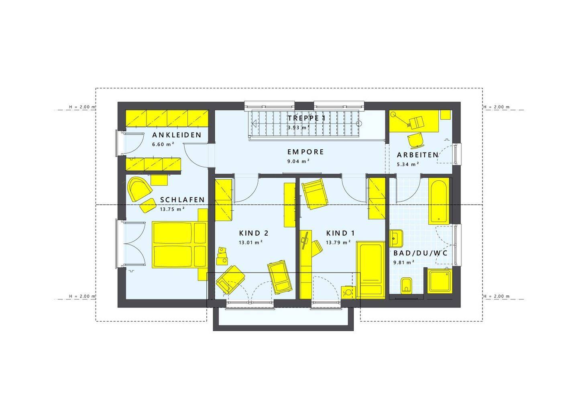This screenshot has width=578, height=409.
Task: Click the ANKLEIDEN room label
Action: pyautogui.click(x=177, y=135)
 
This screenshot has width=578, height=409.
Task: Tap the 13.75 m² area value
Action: pyautogui.click(x=172, y=209)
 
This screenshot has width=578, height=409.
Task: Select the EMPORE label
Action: pyautogui.click(x=306, y=152)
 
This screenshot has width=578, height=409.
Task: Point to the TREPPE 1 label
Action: pyautogui.click(x=307, y=118)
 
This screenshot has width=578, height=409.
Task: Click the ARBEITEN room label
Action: pyautogui.click(x=417, y=155)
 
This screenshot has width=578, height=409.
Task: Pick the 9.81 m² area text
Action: pyautogui.click(x=404, y=262)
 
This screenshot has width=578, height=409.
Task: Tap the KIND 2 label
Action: pyautogui.click(x=254, y=233)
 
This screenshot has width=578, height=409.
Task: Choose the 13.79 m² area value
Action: pyautogui.click(x=338, y=242)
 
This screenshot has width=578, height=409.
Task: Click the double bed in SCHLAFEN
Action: pyautogui.click(x=180, y=245)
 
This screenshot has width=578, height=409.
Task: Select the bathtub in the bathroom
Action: pyautogui.click(x=439, y=201)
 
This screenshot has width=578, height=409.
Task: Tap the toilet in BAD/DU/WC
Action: pyautogui.click(x=407, y=286)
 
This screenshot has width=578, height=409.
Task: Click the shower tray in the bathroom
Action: pyautogui.click(x=440, y=281)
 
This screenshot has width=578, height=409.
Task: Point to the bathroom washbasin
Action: pyautogui.click(x=396, y=238)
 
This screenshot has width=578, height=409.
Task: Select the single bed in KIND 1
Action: pyautogui.click(x=371, y=270)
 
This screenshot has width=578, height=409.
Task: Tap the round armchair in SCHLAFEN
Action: pyautogui.click(x=139, y=189)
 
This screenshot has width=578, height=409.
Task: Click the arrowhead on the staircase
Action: pyautogui.click(x=254, y=124)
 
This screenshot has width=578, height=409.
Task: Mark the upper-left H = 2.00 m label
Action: pyautogui.click(x=82, y=107)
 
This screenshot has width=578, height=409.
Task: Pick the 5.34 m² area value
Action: pyautogui.click(x=408, y=164)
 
